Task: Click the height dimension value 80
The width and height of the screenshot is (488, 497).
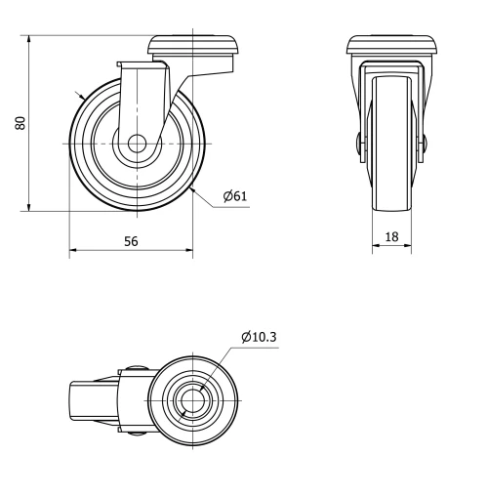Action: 20,122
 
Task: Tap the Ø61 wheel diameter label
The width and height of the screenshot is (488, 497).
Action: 235,196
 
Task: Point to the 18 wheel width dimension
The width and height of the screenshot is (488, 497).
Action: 391,236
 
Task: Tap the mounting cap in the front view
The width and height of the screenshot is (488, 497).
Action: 391,45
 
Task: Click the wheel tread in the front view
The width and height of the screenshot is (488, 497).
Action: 391,195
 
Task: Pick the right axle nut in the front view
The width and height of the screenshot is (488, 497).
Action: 423,145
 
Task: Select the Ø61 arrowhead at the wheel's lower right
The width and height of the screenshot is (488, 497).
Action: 194,187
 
